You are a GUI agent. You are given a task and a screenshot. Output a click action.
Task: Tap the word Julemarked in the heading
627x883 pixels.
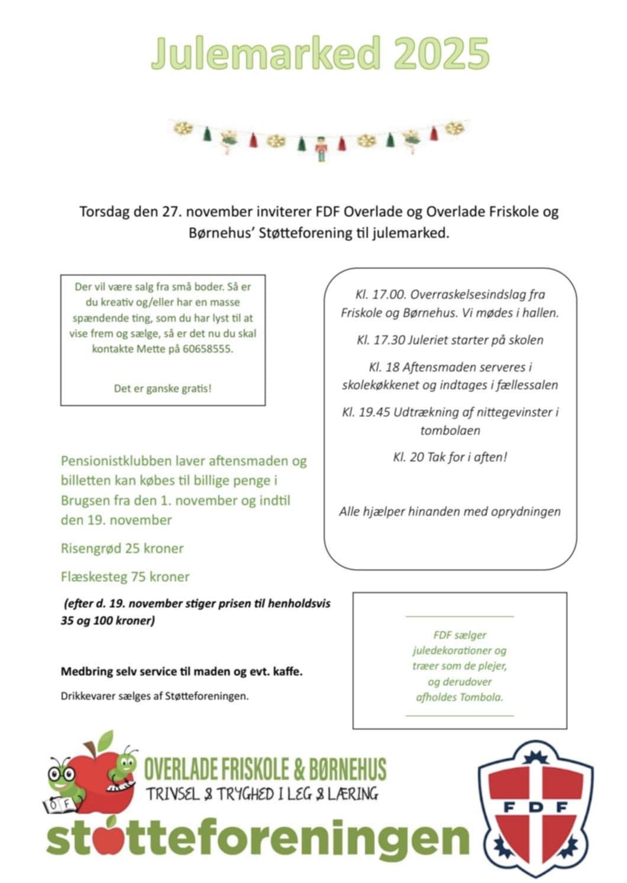[x=266, y=53]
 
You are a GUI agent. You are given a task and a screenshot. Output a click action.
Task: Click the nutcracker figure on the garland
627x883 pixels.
[x=321, y=148]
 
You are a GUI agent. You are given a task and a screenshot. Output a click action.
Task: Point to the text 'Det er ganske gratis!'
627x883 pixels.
[x=163, y=389]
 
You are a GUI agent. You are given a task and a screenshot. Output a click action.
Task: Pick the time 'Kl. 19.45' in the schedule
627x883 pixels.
[x=366, y=412]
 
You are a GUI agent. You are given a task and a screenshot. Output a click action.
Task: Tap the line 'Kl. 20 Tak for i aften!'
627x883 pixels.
[x=450, y=457]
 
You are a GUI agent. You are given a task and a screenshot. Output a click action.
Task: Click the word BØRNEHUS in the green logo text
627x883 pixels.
[x=349, y=769]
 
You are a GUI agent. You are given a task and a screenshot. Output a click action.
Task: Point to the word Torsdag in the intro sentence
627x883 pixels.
[x=104, y=212]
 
